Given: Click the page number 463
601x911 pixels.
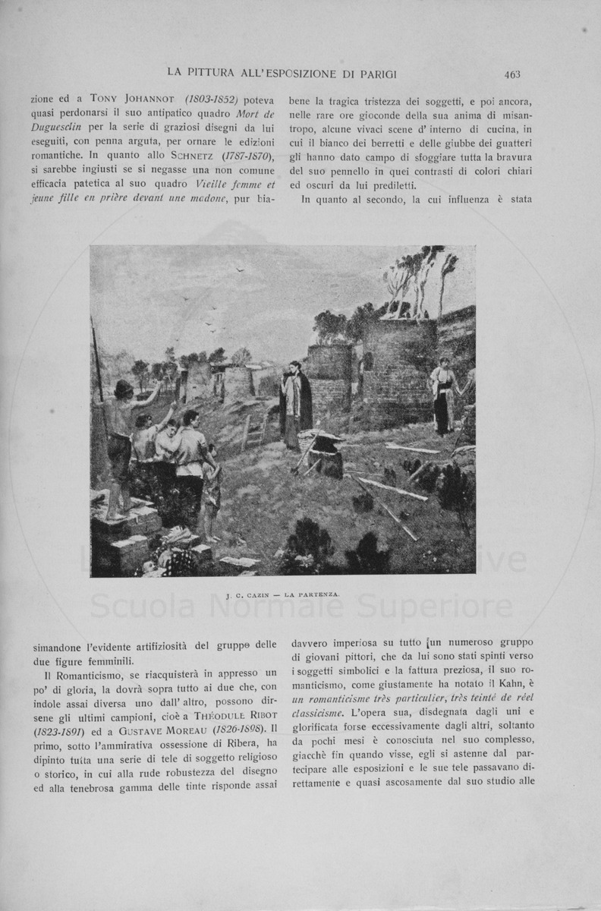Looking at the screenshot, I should pos(511,74).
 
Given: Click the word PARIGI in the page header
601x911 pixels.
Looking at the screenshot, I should pos(376,74).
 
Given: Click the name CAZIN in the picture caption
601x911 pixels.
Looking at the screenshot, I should pos(256,596).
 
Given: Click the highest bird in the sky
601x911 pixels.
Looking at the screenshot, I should pos(241,269).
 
